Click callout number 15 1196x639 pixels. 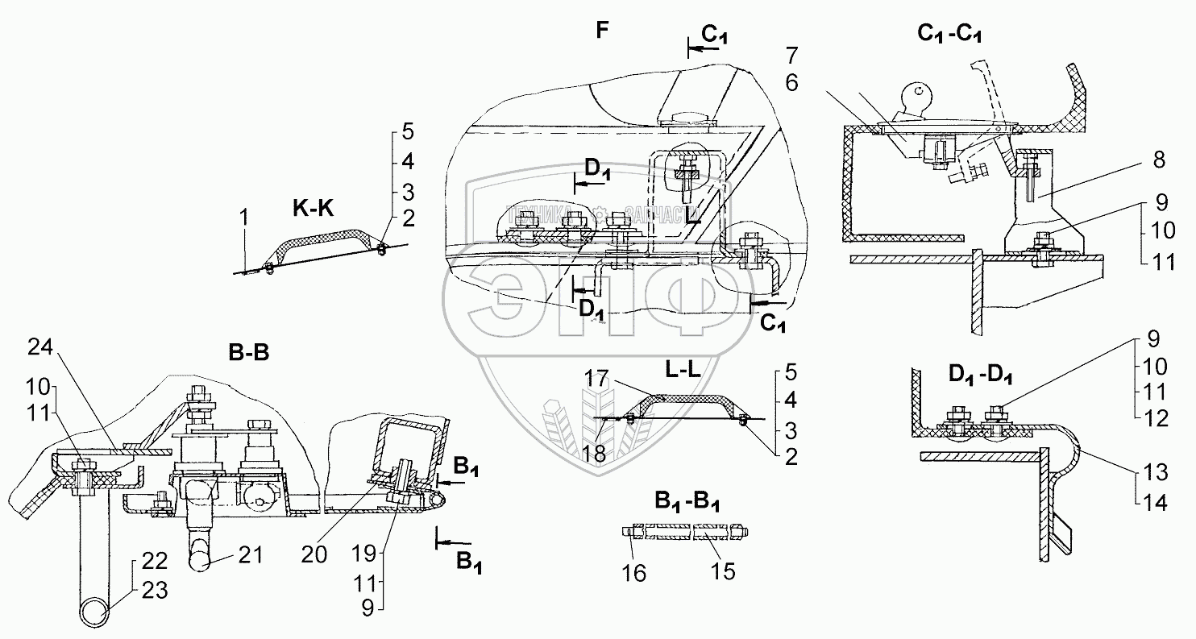[724, 571]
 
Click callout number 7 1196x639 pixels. [791, 56]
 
